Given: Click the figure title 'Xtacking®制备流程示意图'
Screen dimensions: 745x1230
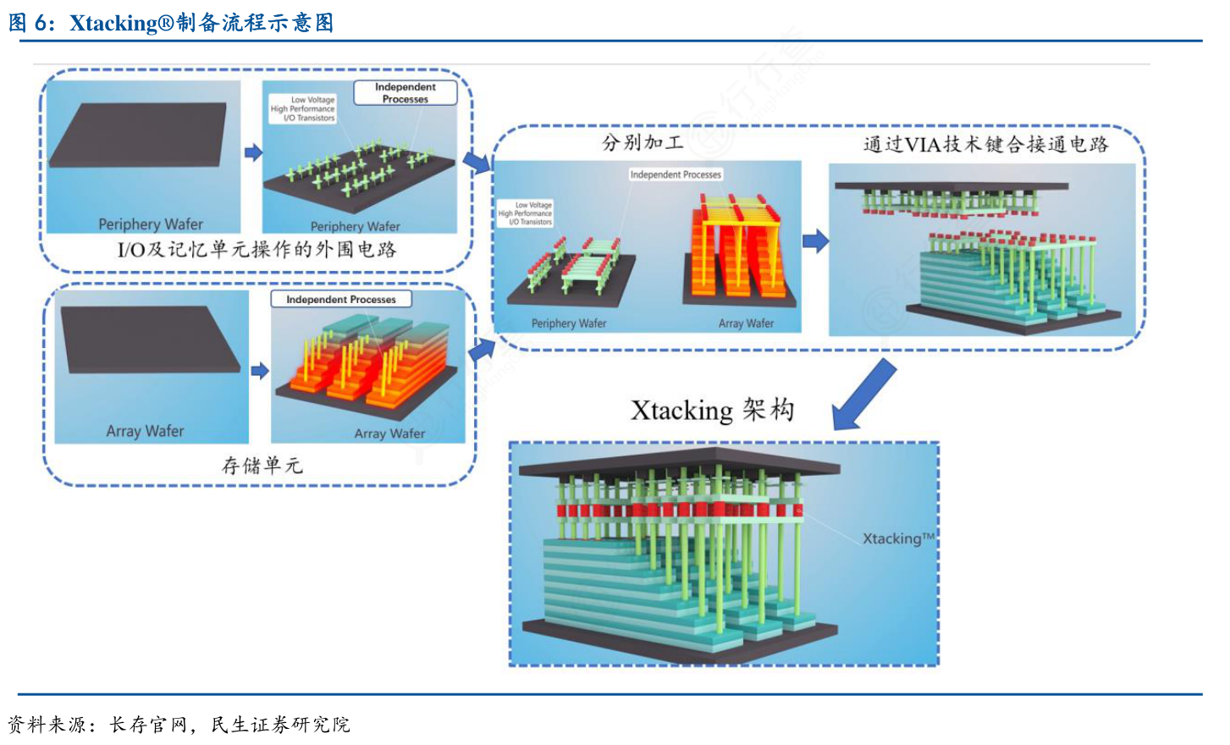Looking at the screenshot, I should (201, 23).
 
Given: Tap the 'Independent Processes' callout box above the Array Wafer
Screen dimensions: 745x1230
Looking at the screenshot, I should (340, 300).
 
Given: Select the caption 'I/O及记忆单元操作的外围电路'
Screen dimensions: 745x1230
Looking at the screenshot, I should (256, 250).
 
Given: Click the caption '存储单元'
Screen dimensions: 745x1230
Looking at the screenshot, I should (262, 466).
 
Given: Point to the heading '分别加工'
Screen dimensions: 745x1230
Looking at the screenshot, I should (643, 142).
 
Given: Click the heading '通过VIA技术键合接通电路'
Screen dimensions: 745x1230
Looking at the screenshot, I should (985, 144).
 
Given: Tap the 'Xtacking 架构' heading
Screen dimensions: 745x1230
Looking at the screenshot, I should (712, 411).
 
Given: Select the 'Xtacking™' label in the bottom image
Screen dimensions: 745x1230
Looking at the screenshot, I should (898, 538).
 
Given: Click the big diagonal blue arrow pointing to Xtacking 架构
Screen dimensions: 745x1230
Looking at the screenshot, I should (863, 395).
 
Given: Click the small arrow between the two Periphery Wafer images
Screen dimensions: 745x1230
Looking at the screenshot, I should (253, 152).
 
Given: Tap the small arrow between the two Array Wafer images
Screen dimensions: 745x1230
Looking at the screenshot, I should (260, 370).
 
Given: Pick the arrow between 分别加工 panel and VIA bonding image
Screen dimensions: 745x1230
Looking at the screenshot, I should (815, 241).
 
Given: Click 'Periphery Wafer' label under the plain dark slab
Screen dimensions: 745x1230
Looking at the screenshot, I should (151, 224).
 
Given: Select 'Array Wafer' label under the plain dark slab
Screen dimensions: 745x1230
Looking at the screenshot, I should (145, 431).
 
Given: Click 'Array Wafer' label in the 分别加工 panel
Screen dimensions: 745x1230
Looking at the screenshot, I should (746, 323).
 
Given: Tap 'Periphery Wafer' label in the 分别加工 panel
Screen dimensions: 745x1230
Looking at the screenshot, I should (569, 323).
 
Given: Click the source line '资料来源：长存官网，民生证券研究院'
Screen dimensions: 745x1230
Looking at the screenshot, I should (179, 725).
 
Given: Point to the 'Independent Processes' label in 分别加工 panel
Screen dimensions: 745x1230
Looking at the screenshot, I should (676, 174).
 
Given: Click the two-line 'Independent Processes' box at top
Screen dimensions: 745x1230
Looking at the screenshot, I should (405, 92).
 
